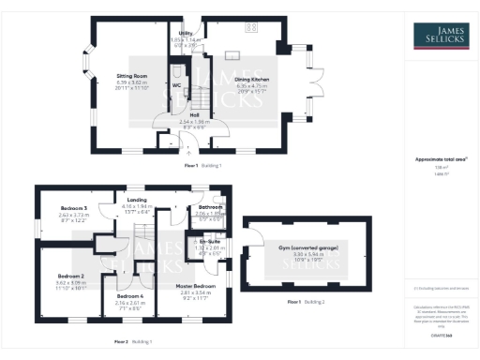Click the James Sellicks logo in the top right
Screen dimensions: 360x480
(442, 37)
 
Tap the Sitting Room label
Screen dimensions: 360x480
(130, 75)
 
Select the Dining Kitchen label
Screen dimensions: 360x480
(251, 81)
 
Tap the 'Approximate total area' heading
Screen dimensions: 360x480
(442, 159)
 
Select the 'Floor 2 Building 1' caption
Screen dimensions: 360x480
(133, 341)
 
